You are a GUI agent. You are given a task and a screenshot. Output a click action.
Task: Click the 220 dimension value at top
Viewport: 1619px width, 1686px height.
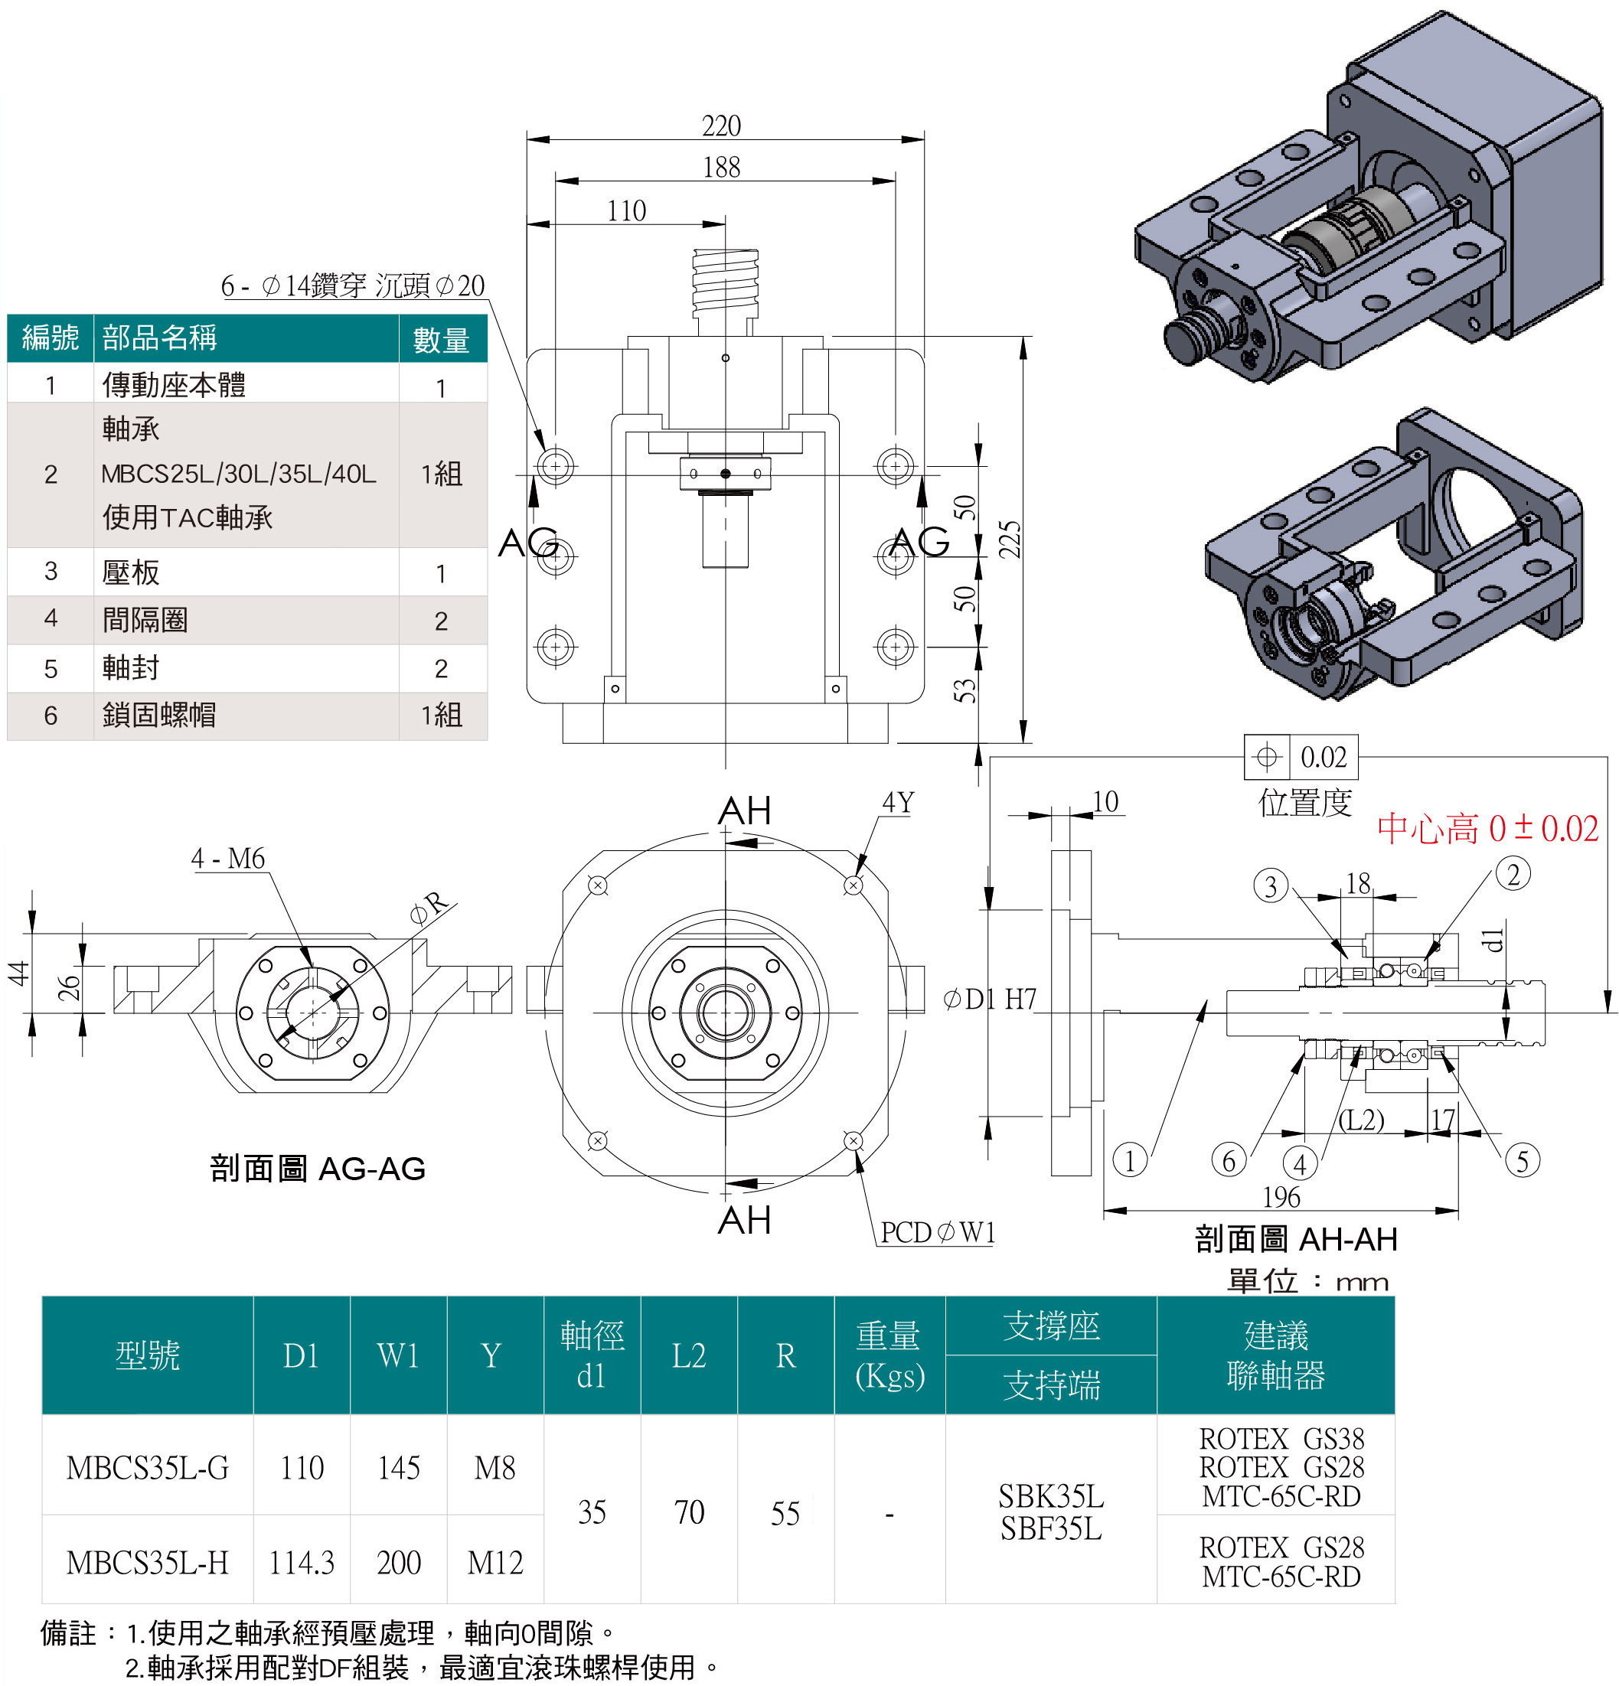tap(721, 126)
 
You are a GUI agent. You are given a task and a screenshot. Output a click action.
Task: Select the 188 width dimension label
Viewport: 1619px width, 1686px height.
tap(721, 167)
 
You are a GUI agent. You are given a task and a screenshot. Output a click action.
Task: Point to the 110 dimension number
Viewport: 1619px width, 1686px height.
tap(626, 210)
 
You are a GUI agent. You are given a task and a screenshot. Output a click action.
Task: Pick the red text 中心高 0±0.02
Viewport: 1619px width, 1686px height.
tap(1487, 828)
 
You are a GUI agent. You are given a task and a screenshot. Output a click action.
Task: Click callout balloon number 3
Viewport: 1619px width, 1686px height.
tap(1271, 885)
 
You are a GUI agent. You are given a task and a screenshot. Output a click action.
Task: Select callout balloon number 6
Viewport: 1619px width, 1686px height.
tap(1229, 1160)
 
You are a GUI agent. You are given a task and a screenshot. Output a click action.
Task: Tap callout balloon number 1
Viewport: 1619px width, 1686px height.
tap(1130, 1160)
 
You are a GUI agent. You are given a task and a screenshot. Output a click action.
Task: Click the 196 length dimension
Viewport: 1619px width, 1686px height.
tap(1281, 1196)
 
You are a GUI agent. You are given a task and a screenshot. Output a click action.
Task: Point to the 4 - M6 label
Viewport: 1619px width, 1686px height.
tap(228, 858)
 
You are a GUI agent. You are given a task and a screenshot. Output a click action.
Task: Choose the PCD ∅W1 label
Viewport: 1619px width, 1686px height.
tap(938, 1233)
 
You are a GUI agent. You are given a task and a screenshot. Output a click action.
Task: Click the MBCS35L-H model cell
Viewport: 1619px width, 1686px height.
tap(147, 1562)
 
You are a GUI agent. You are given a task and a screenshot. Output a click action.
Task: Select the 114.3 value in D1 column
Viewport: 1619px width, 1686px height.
tap(301, 1562)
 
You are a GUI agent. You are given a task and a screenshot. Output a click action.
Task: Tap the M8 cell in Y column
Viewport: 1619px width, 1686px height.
tap(495, 1468)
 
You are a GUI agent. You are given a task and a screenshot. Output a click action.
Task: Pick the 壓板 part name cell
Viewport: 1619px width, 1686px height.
tap(131, 572)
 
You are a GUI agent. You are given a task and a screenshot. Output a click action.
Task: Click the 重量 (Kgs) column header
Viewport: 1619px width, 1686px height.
tap(889, 1355)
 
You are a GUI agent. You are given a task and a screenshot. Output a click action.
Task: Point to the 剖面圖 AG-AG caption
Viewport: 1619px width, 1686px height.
tap(318, 1168)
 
